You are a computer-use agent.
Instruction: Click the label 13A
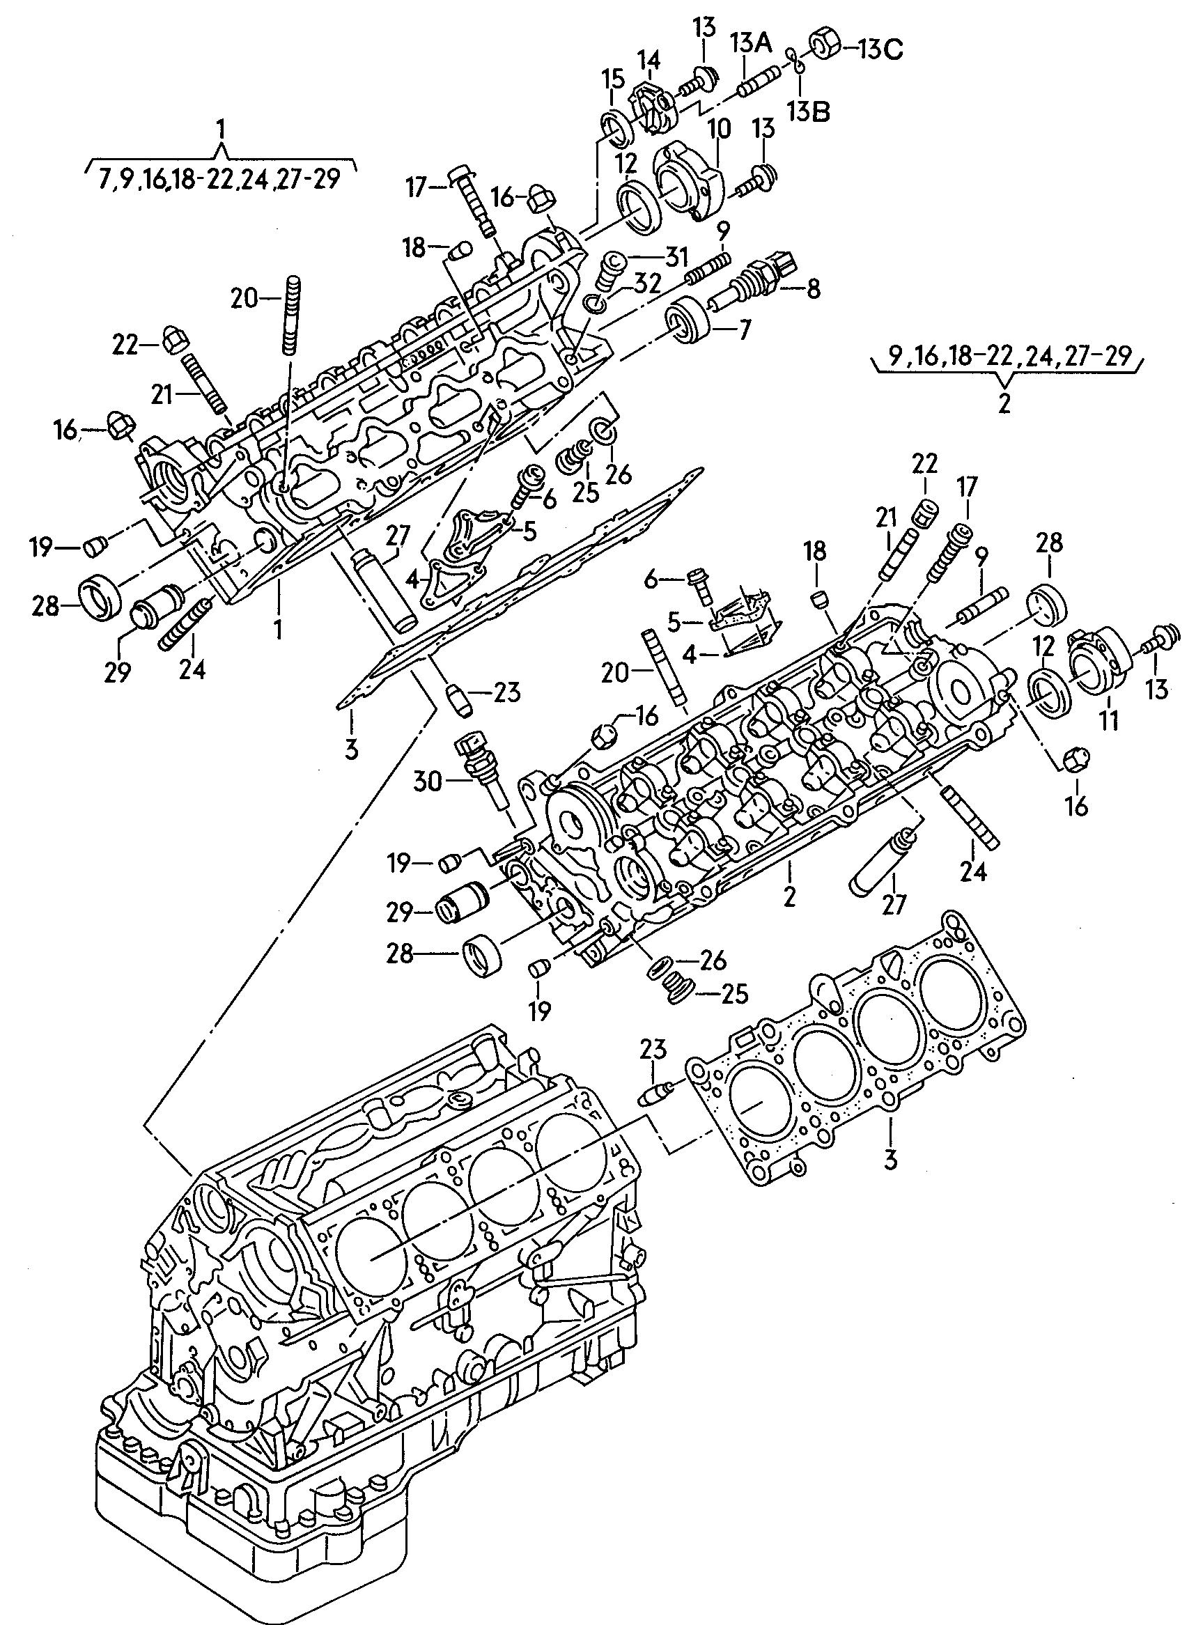click(750, 44)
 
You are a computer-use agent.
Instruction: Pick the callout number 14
click(649, 61)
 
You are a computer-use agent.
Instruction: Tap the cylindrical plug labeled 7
click(688, 320)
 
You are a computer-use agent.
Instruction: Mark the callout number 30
click(427, 781)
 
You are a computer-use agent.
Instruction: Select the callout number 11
click(1109, 720)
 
